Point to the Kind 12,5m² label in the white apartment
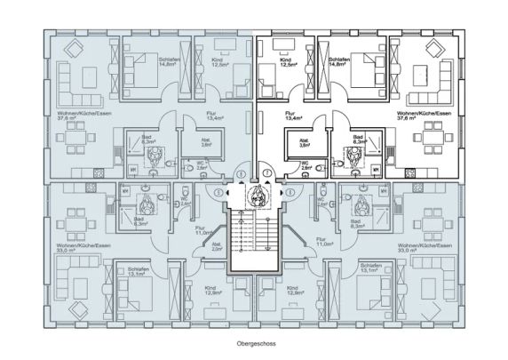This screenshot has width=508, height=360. pos(288,62)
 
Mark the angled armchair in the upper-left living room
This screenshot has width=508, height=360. pos(75,49)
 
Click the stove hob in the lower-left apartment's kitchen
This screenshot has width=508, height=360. pos(86,190)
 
